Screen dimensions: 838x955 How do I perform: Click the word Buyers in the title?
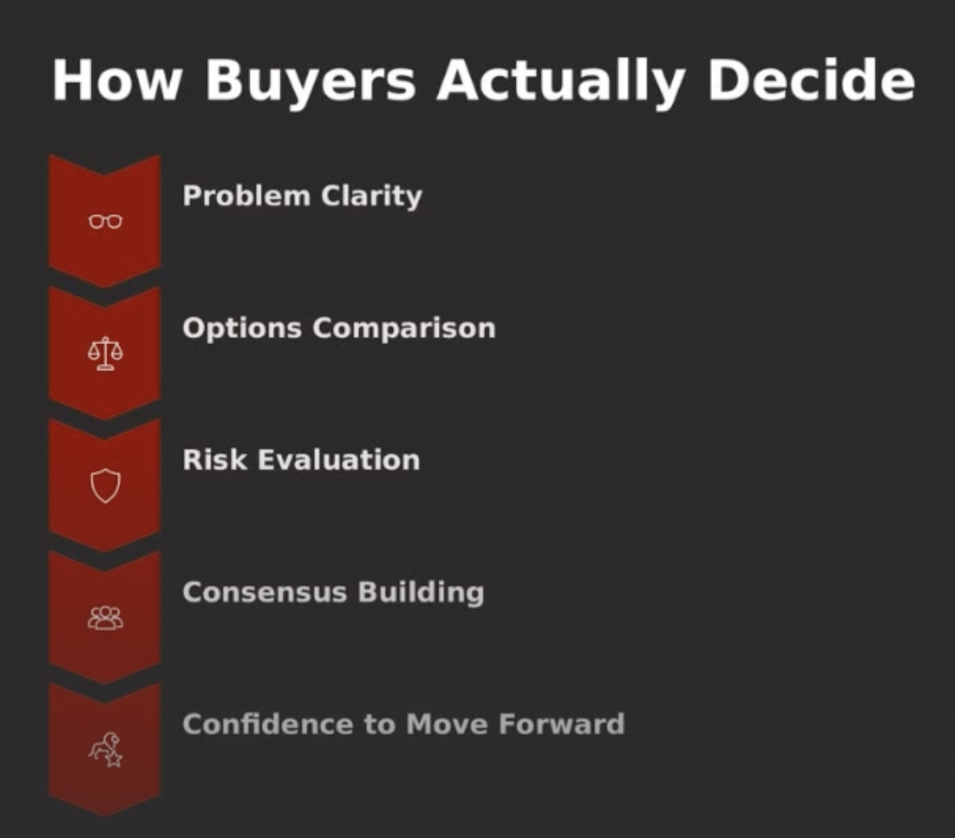[x=310, y=80]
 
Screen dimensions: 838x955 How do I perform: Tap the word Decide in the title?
[x=811, y=79]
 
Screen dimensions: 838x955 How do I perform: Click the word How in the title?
[x=117, y=79]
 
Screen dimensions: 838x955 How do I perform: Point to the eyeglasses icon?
[x=105, y=222]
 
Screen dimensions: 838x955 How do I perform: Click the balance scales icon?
[x=105, y=353]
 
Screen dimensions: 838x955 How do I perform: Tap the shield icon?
[x=105, y=486]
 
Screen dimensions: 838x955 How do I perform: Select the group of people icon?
[x=105, y=618]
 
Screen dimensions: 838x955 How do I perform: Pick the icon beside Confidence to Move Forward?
[x=106, y=750]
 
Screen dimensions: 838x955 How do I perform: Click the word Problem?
[x=246, y=196]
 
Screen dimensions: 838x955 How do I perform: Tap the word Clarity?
[x=372, y=196]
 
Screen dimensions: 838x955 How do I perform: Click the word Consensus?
[x=265, y=592]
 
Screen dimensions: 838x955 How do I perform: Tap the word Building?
[x=421, y=592]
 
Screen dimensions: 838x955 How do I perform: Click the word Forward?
[x=561, y=724]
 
